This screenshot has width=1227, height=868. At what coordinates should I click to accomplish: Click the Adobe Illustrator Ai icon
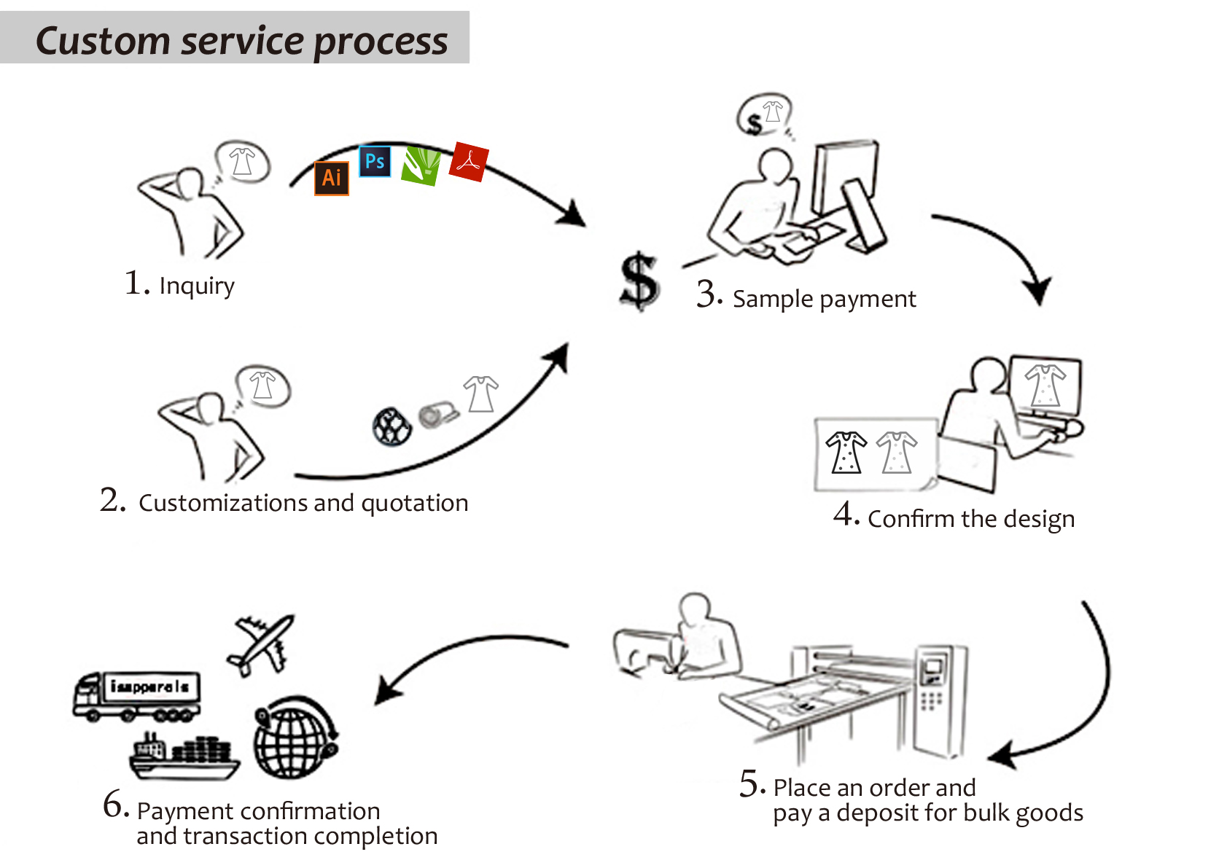pyautogui.click(x=332, y=178)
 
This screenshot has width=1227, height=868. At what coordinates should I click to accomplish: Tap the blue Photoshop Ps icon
pyautogui.click(x=375, y=161)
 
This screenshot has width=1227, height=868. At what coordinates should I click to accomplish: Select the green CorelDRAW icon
pyautogui.click(x=421, y=166)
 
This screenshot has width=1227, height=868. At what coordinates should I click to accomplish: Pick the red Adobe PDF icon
pyautogui.click(x=469, y=162)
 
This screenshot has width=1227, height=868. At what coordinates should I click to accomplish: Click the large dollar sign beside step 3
pyautogui.click(x=639, y=281)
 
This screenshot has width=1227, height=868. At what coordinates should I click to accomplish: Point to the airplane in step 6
pyautogui.click(x=261, y=644)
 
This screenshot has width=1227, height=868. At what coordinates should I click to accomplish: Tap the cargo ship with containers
pyautogui.click(x=184, y=756)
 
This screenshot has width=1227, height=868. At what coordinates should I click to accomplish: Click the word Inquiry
pyautogui.click(x=197, y=286)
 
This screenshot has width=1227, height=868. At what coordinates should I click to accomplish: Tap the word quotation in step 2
pyautogui.click(x=415, y=504)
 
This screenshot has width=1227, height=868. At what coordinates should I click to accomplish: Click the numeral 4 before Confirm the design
pyautogui.click(x=844, y=514)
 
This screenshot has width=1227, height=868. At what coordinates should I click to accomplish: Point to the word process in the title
pyautogui.click(x=381, y=42)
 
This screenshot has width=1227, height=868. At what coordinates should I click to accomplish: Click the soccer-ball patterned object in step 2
pyautogui.click(x=392, y=426)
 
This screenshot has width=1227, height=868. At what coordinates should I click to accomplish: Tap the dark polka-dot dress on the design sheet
pyautogui.click(x=846, y=453)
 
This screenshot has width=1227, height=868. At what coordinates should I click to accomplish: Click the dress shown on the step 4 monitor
pyautogui.click(x=1045, y=386)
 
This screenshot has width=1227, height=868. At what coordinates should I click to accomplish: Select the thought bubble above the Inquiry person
pyautogui.click(x=243, y=162)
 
